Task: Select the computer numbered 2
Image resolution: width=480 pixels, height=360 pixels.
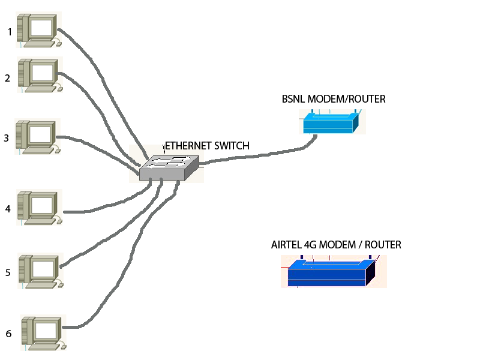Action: coord(40,75)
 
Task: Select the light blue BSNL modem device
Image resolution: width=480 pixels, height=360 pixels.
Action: coord(331,122)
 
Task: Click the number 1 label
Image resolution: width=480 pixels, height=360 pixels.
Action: coord(10,32)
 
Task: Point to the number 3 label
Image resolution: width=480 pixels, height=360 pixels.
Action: coord(7,138)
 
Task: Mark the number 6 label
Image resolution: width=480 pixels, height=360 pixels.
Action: coord(8,333)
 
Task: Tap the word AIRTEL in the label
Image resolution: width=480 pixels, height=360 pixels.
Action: coord(287,245)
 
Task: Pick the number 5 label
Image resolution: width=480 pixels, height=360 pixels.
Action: coord(8,272)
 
